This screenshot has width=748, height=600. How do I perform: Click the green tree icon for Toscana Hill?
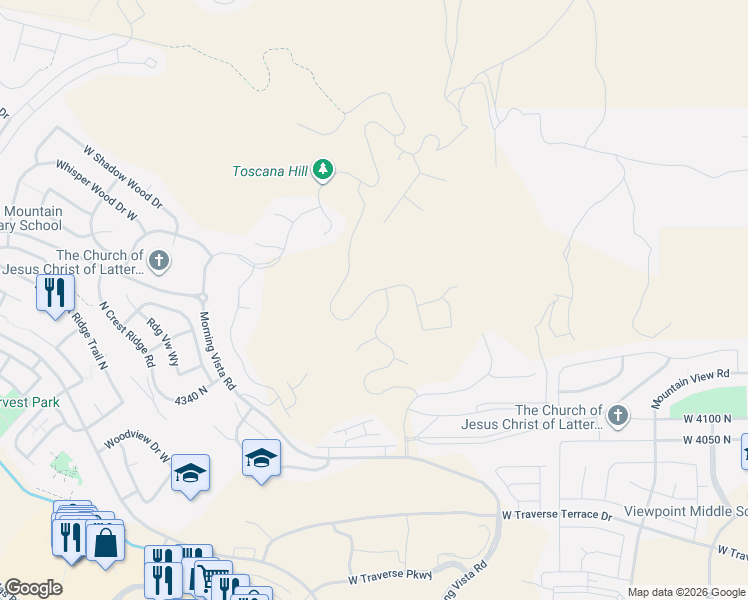pos(322,170)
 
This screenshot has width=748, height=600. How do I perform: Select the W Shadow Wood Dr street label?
pos(122,177)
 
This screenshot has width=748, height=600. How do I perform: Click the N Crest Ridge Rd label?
pos(127,333)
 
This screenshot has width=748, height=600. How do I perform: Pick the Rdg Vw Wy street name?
pos(162,341)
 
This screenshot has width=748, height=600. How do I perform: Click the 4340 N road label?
pos(190,395)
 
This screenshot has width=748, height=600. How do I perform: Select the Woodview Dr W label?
pos(137,446)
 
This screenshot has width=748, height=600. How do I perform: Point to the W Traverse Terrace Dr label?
pos(556,515)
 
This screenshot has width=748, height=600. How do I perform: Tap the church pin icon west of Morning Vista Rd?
pos(158,262)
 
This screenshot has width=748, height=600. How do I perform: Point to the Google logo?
pos(32,588)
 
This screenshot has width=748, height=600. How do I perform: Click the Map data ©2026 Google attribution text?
pos(685,592)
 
